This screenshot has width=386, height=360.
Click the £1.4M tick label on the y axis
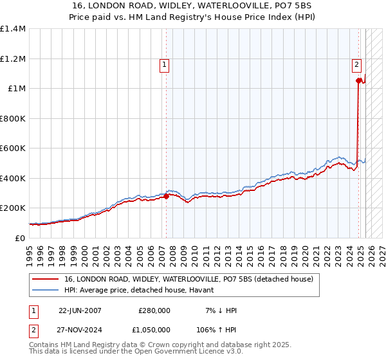click(13, 29)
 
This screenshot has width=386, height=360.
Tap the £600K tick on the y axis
click(13, 148)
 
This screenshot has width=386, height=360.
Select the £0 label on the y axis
click(21, 238)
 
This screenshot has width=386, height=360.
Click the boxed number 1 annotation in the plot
click(165, 64)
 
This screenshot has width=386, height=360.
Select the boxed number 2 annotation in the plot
click(356, 64)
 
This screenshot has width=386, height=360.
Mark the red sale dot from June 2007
click(166, 197)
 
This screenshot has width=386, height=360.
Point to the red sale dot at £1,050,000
click(358, 81)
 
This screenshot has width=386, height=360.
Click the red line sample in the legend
click(46, 280)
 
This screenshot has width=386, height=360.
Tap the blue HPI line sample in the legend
click(46, 290)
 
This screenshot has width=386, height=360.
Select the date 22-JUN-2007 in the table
click(80, 310)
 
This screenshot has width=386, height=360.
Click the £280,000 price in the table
click(154, 310)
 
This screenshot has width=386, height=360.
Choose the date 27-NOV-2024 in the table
click(80, 329)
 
